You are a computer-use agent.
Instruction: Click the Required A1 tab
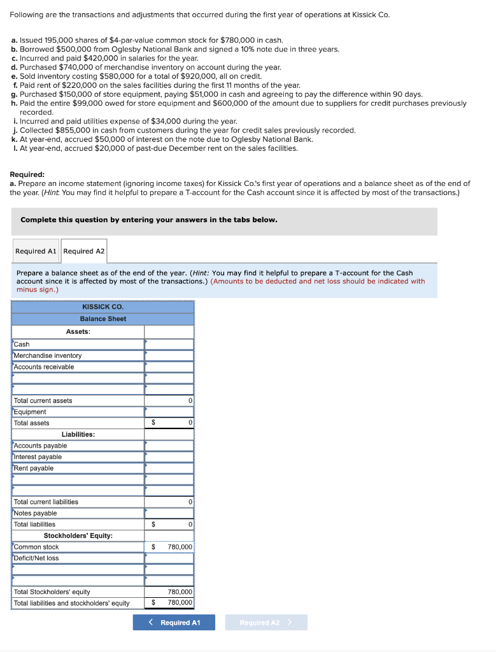(36, 251)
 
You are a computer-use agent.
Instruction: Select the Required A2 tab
(84, 251)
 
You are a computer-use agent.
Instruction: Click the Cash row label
(22, 344)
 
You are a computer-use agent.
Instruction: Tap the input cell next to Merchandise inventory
(169, 355)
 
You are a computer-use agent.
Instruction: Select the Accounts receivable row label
(44, 367)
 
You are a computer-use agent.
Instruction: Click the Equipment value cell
(169, 412)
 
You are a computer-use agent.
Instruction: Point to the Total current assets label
(43, 400)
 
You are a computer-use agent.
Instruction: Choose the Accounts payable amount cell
(169, 446)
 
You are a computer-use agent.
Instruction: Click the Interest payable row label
(38, 457)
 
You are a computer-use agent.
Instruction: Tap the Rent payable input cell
(169, 468)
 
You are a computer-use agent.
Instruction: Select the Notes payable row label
(36, 513)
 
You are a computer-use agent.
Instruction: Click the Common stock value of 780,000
(180, 547)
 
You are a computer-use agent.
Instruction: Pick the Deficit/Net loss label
(36, 558)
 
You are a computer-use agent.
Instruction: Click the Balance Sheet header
(103, 318)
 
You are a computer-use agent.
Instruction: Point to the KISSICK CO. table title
(103, 307)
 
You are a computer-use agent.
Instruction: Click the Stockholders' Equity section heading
(78, 535)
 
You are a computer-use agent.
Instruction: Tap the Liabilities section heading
(78, 434)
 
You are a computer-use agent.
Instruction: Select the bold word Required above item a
(27, 173)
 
